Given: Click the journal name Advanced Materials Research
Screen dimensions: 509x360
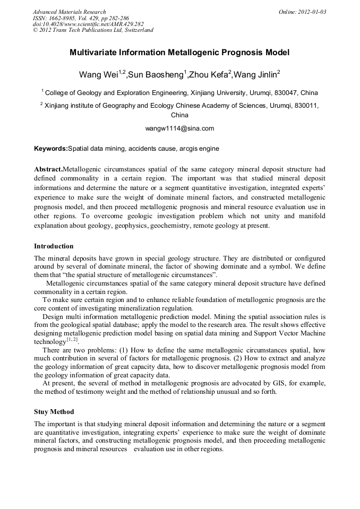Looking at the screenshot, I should click(x=69, y=12).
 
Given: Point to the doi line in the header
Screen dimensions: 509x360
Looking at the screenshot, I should click(x=88, y=24).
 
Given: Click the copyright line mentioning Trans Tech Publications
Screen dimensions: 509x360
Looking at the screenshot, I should click(x=93, y=30).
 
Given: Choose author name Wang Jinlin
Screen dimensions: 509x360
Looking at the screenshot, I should click(x=256, y=74).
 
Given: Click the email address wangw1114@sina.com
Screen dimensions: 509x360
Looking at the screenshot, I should click(x=179, y=128).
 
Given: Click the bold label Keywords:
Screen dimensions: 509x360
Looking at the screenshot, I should click(x=50, y=149).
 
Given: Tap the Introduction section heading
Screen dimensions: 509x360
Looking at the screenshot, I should click(x=54, y=246).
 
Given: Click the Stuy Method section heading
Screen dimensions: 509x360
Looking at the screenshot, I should click(x=54, y=412).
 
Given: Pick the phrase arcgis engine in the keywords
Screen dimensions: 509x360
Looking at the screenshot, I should click(x=199, y=149).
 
